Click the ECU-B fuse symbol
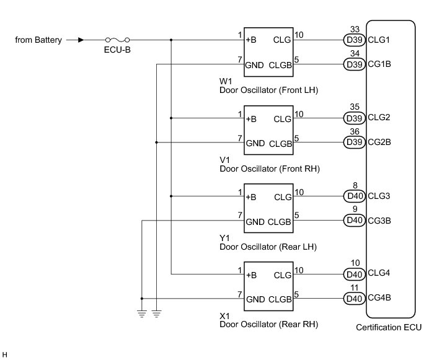pos(115,40)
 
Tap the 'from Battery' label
pos(39,40)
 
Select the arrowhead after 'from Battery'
pos(81,40)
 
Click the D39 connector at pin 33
pos(354,41)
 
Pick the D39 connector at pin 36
pos(354,142)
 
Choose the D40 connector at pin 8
pos(354,197)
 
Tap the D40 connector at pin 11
pos(354,299)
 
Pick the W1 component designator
pos(226,81)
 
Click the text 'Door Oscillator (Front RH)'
pos(270,169)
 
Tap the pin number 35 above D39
pos(355,107)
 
